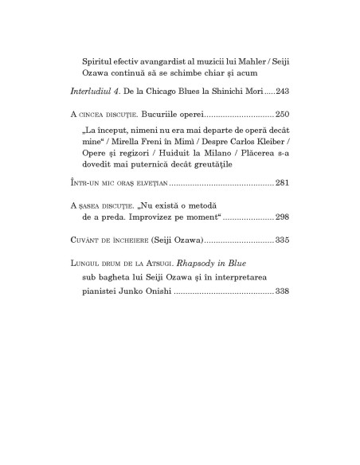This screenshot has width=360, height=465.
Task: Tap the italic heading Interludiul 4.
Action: [95, 92]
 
